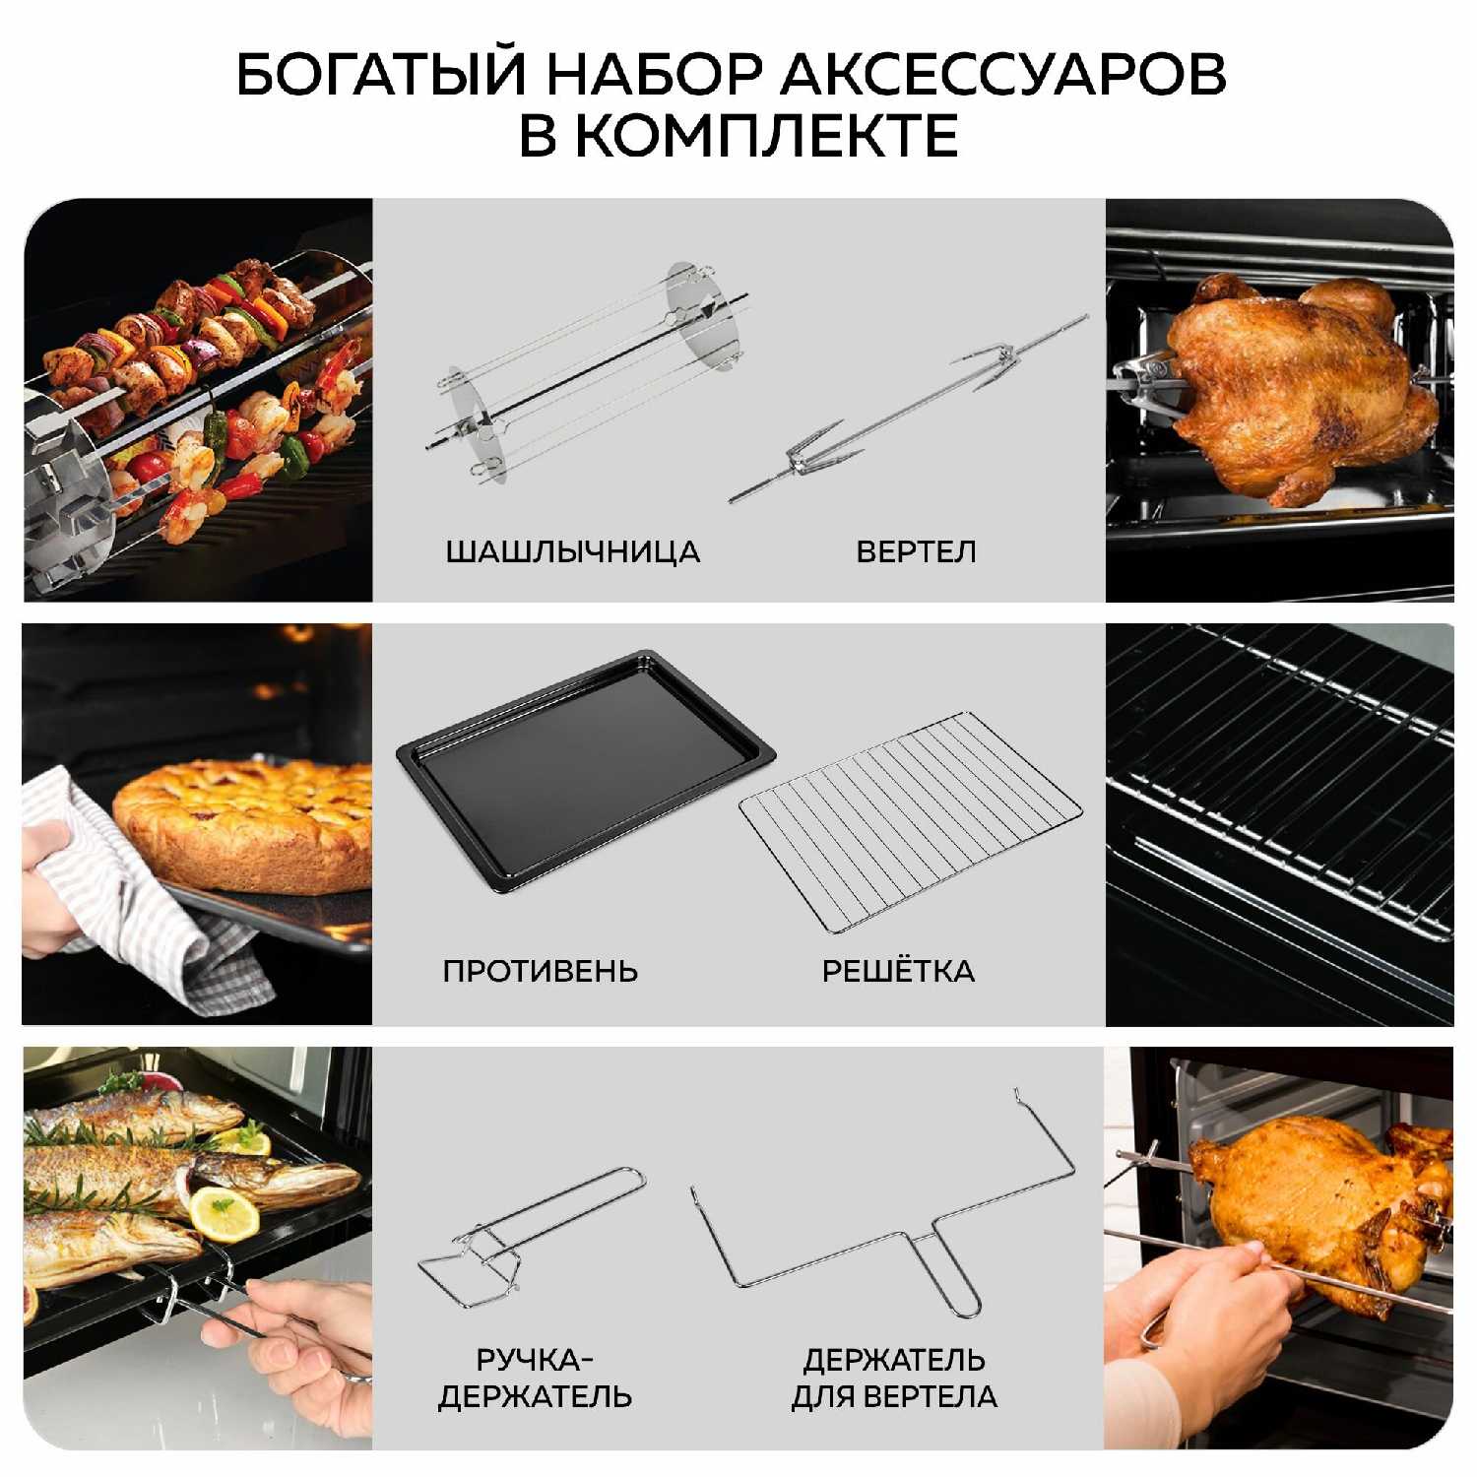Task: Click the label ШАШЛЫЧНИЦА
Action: (x=573, y=551)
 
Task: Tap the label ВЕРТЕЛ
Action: (x=917, y=551)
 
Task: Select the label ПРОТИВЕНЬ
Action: (x=541, y=971)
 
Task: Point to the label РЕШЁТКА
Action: (x=898, y=971)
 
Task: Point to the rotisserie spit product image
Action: (x=908, y=409)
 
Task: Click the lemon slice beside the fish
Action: (x=225, y=1214)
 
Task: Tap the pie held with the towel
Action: (x=243, y=823)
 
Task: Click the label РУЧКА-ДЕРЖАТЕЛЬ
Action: (x=535, y=1379)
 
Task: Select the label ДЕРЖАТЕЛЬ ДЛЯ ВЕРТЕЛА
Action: (x=894, y=1379)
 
